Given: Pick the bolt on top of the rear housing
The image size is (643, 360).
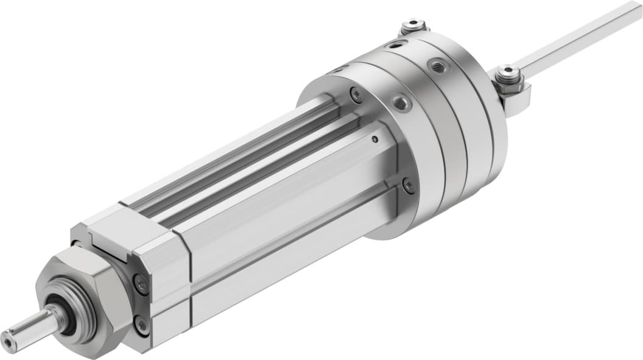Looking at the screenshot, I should tap(412, 25).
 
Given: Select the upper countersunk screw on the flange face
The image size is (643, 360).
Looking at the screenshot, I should tap(356, 94).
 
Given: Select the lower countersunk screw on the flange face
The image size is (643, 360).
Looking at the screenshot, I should tap(409, 185).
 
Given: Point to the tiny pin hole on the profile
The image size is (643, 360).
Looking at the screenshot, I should tap(374, 140).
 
